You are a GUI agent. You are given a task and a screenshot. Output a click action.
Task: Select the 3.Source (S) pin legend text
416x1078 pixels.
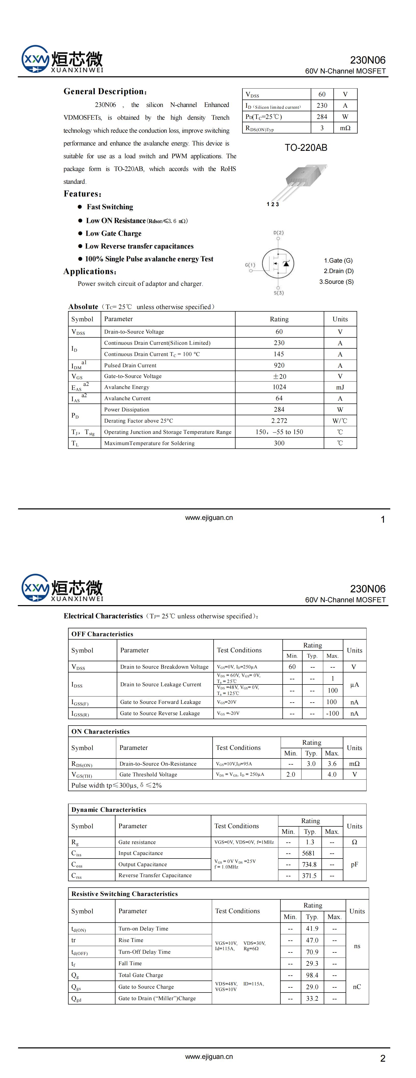pyautogui.click(x=336, y=282)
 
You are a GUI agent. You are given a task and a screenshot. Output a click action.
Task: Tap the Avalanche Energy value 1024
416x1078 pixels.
pyautogui.click(x=279, y=387)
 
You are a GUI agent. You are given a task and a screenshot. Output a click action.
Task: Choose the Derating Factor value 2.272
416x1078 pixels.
pyautogui.click(x=279, y=421)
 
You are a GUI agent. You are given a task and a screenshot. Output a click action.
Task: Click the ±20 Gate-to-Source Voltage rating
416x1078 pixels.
pyautogui.click(x=279, y=376)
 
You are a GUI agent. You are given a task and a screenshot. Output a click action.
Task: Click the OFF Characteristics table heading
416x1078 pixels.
pyautogui.click(x=102, y=634)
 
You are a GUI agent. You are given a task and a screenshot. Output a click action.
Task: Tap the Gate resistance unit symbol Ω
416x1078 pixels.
pyautogui.click(x=354, y=842)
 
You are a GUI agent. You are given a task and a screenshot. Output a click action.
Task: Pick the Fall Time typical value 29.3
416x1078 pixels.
pyautogui.click(x=312, y=963)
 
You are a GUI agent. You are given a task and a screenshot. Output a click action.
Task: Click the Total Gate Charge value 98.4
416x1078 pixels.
pyautogui.click(x=312, y=975)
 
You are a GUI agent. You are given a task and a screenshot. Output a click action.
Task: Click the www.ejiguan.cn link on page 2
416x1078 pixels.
pyautogui.click(x=209, y=1056)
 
